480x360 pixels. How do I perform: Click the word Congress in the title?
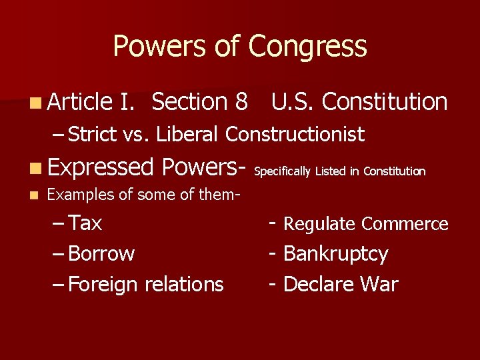pos(307,47)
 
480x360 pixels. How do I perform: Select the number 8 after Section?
pos(241,102)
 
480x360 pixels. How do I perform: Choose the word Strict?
pos(93,135)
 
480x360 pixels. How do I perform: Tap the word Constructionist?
pos(295,135)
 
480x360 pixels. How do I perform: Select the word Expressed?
pos(101,167)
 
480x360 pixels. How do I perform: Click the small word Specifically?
pos(283,171)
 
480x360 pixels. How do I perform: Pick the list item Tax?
pos(85,223)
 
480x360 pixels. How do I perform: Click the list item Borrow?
pos(101,254)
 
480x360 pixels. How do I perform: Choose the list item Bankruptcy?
pos(335,254)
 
